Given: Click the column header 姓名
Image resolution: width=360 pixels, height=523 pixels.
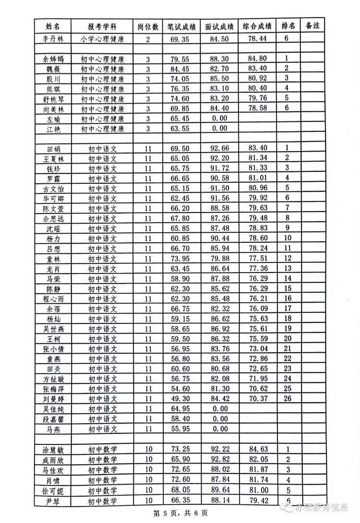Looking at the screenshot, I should pos(53,26).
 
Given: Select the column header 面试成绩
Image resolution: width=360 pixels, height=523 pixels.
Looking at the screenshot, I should pos(219,26).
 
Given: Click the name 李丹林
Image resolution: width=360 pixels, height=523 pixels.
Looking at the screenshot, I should pos(53,39).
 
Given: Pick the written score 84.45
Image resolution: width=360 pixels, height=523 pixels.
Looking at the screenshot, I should pos(181,69).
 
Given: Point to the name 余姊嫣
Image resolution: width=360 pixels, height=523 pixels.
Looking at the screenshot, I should pos(53,59).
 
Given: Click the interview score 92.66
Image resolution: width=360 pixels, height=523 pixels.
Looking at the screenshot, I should pos(219,148).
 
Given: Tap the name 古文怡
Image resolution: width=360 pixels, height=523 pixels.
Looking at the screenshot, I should pos(53,188).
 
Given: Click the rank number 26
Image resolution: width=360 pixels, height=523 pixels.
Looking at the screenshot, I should pos(288,398).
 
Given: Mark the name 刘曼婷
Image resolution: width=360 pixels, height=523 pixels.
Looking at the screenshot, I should pos(53,398).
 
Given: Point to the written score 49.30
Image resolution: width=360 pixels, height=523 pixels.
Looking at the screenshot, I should pos(181,398).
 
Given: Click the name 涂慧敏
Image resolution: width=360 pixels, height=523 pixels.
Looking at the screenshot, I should pos(53,450).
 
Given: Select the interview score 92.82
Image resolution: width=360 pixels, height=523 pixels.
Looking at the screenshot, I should pos(219,460).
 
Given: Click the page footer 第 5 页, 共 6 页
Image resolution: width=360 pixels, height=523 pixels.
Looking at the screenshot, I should pos(180,513).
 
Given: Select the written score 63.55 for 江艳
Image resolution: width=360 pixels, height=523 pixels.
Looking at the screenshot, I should pos(181,128).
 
